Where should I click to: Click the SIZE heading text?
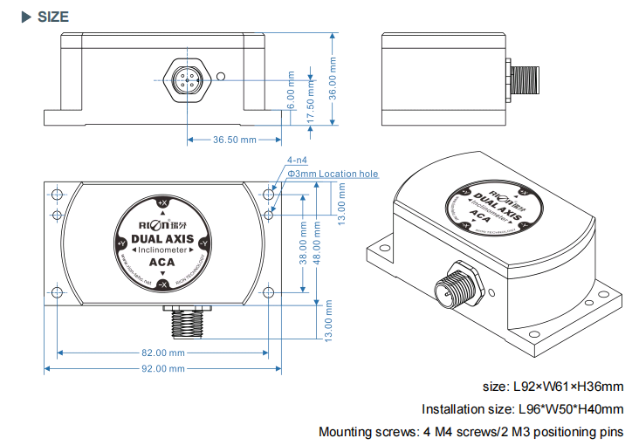[x=53, y=17]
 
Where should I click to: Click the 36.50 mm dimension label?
[x=235, y=140]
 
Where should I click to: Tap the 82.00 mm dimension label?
[x=163, y=353]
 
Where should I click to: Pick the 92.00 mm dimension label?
[x=163, y=369]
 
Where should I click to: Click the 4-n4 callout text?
[x=297, y=161]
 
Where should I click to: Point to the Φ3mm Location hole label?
[x=333, y=175]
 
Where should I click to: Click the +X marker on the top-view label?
[x=162, y=202]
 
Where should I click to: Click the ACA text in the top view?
[x=161, y=263]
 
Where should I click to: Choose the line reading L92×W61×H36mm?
[x=553, y=386]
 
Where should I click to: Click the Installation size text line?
[x=522, y=408]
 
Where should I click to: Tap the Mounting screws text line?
[x=471, y=431]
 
